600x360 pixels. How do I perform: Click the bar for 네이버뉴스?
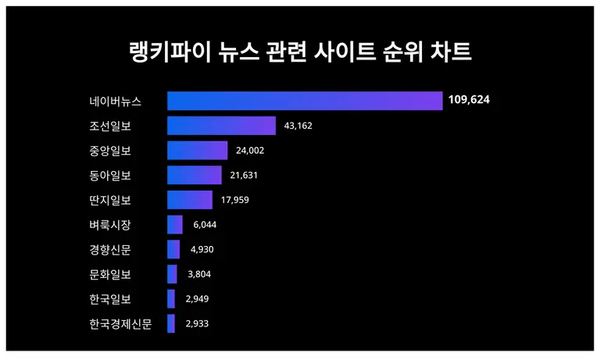[x=305, y=101]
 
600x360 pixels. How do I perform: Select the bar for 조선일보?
[x=221, y=126]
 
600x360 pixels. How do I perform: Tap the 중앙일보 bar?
[x=197, y=151]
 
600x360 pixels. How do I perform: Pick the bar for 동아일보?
[x=195, y=175]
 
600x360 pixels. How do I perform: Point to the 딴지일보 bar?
[x=190, y=200]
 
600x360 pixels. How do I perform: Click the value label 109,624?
[x=470, y=100]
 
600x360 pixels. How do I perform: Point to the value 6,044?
[x=203, y=224]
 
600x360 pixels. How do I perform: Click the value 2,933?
[x=197, y=323]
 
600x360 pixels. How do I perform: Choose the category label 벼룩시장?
[x=110, y=225]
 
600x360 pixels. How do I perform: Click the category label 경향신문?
[x=110, y=250]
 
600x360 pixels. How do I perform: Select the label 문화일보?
[x=110, y=274]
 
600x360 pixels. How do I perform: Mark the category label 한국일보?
[x=110, y=299]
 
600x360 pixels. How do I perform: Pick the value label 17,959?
[x=234, y=200]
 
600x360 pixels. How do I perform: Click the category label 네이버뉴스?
[x=115, y=101]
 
